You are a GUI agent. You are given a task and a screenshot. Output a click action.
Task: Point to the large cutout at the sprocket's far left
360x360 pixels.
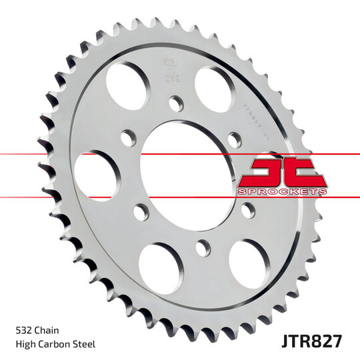coord(97,175)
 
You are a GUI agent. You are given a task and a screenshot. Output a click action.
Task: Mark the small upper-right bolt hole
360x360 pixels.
coord(234,139)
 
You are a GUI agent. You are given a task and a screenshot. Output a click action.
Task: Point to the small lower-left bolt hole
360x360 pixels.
coord(140,212)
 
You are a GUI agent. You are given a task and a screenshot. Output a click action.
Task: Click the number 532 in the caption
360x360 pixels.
coord(24,330)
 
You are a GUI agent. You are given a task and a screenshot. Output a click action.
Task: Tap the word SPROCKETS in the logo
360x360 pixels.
coord(282,191)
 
